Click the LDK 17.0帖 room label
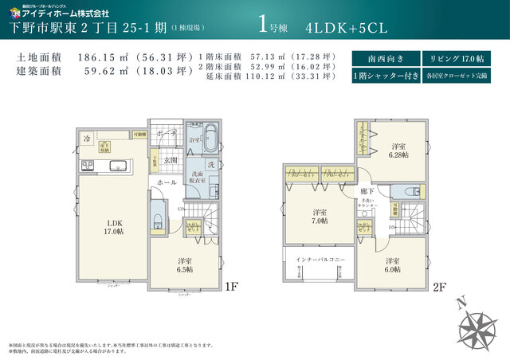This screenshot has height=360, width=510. (112, 226)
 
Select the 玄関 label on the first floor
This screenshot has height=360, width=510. (171, 160)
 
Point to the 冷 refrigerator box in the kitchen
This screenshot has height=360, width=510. (87, 139)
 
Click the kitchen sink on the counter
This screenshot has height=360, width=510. (115, 166)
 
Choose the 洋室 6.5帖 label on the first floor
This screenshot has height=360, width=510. (185, 264)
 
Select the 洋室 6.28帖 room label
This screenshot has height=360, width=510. (398, 150)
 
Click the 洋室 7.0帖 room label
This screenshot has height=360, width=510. (320, 217)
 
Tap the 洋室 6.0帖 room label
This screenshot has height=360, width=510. (392, 265)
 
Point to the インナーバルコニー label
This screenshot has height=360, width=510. (320, 260)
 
